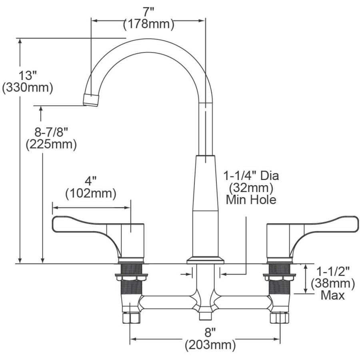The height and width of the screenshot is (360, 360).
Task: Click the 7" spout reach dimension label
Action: tap(148, 12)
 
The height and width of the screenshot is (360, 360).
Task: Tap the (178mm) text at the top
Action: tap(148, 24)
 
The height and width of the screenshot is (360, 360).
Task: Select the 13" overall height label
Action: tap(28, 75)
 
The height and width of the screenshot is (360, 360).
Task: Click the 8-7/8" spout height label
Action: tap(51, 132)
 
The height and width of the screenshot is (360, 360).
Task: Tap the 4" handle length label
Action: tap(91, 181)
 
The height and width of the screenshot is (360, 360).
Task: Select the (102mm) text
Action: tap(91, 194)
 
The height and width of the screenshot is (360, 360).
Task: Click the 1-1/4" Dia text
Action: tap(251, 176)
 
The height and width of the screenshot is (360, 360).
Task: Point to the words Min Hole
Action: tap(251, 199)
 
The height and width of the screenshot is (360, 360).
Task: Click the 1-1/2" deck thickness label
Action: tap(333, 271)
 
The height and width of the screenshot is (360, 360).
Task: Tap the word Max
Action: tap(333, 296)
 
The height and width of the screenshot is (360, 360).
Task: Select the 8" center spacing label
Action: tap(210, 332)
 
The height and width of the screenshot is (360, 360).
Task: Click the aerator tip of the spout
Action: tap(91, 100)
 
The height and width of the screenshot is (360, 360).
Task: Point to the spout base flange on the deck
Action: tap(206, 260)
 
